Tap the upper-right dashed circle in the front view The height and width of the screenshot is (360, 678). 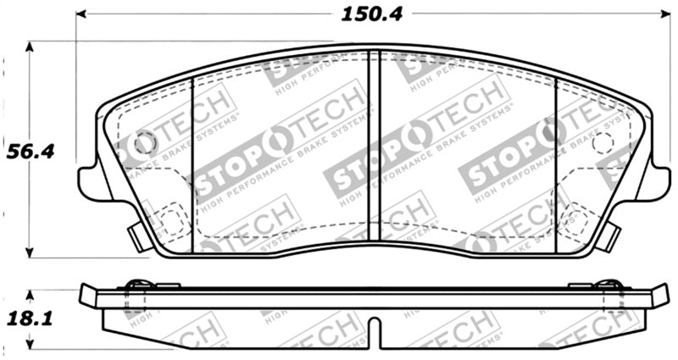tap(603, 142)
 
